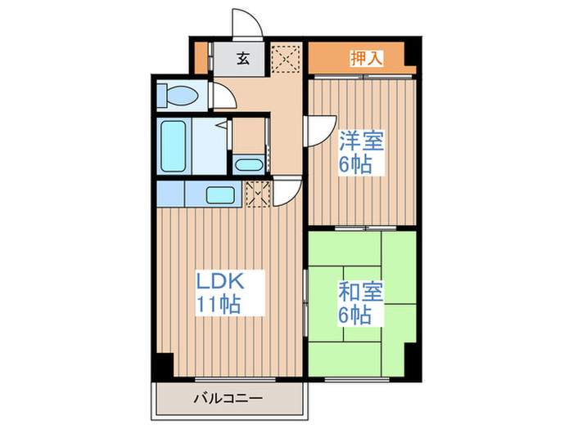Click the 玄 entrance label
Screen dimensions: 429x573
point(243,58)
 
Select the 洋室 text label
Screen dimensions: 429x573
point(361,141)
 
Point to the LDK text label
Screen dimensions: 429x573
point(219,282)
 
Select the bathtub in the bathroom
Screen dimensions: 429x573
point(174,146)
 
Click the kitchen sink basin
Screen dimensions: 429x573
point(220,195)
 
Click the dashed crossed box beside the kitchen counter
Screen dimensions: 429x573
point(258,194)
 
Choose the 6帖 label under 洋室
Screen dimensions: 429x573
point(356,163)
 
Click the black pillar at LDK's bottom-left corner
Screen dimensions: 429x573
point(165,364)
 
